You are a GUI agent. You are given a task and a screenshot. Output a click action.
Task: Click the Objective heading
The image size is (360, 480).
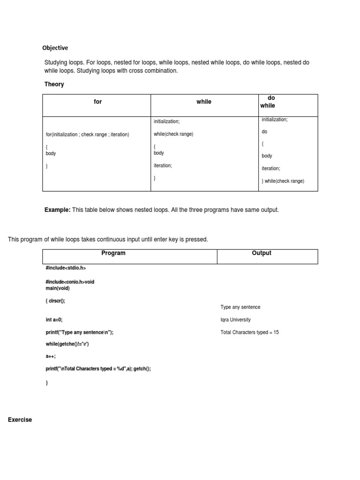pyautogui.click(x=55, y=48)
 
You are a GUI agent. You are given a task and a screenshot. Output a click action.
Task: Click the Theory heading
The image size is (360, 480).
pyautogui.click(x=54, y=84)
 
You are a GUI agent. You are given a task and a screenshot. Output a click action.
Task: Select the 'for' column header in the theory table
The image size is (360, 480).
pyautogui.click(x=97, y=102)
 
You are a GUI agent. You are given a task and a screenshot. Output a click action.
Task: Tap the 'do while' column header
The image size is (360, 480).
pyautogui.click(x=268, y=102)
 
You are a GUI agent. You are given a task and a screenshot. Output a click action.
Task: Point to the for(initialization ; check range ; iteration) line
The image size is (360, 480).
pyautogui.click(x=87, y=135)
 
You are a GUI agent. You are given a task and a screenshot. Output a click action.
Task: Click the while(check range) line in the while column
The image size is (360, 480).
pyautogui.click(x=173, y=134)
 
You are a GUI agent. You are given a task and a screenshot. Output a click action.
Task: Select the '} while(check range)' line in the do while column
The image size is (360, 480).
pyautogui.click(x=283, y=181)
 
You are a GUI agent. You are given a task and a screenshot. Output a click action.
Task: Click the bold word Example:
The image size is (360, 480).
pyautogui.click(x=57, y=210)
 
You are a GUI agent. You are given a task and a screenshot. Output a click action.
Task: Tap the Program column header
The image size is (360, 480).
pyautogui.click(x=113, y=253)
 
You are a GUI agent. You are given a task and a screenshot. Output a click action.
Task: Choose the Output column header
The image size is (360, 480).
pyautogui.click(x=262, y=253)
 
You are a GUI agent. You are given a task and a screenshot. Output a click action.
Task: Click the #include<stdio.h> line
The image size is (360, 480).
pyautogui.click(x=66, y=268)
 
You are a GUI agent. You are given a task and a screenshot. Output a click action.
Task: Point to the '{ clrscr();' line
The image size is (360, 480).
pyautogui.click(x=55, y=301)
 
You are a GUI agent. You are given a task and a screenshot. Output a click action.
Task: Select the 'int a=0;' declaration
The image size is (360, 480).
pyautogui.click(x=54, y=320)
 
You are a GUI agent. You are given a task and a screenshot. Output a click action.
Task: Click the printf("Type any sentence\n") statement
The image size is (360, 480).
pyautogui.click(x=80, y=332)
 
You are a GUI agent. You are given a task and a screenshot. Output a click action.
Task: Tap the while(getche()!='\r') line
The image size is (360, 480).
pyautogui.click(x=67, y=344)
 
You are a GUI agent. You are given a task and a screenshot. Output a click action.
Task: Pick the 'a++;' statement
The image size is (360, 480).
pyautogui.click(x=51, y=356)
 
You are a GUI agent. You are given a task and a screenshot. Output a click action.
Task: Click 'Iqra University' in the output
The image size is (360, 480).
pyautogui.click(x=235, y=320)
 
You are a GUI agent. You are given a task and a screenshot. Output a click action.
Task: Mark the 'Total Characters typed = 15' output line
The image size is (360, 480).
pyautogui.click(x=249, y=332)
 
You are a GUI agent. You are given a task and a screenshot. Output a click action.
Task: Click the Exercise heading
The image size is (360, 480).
pyautogui.click(x=20, y=420)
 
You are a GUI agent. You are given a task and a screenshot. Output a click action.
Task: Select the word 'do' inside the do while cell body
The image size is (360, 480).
pyautogui.click(x=264, y=132)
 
